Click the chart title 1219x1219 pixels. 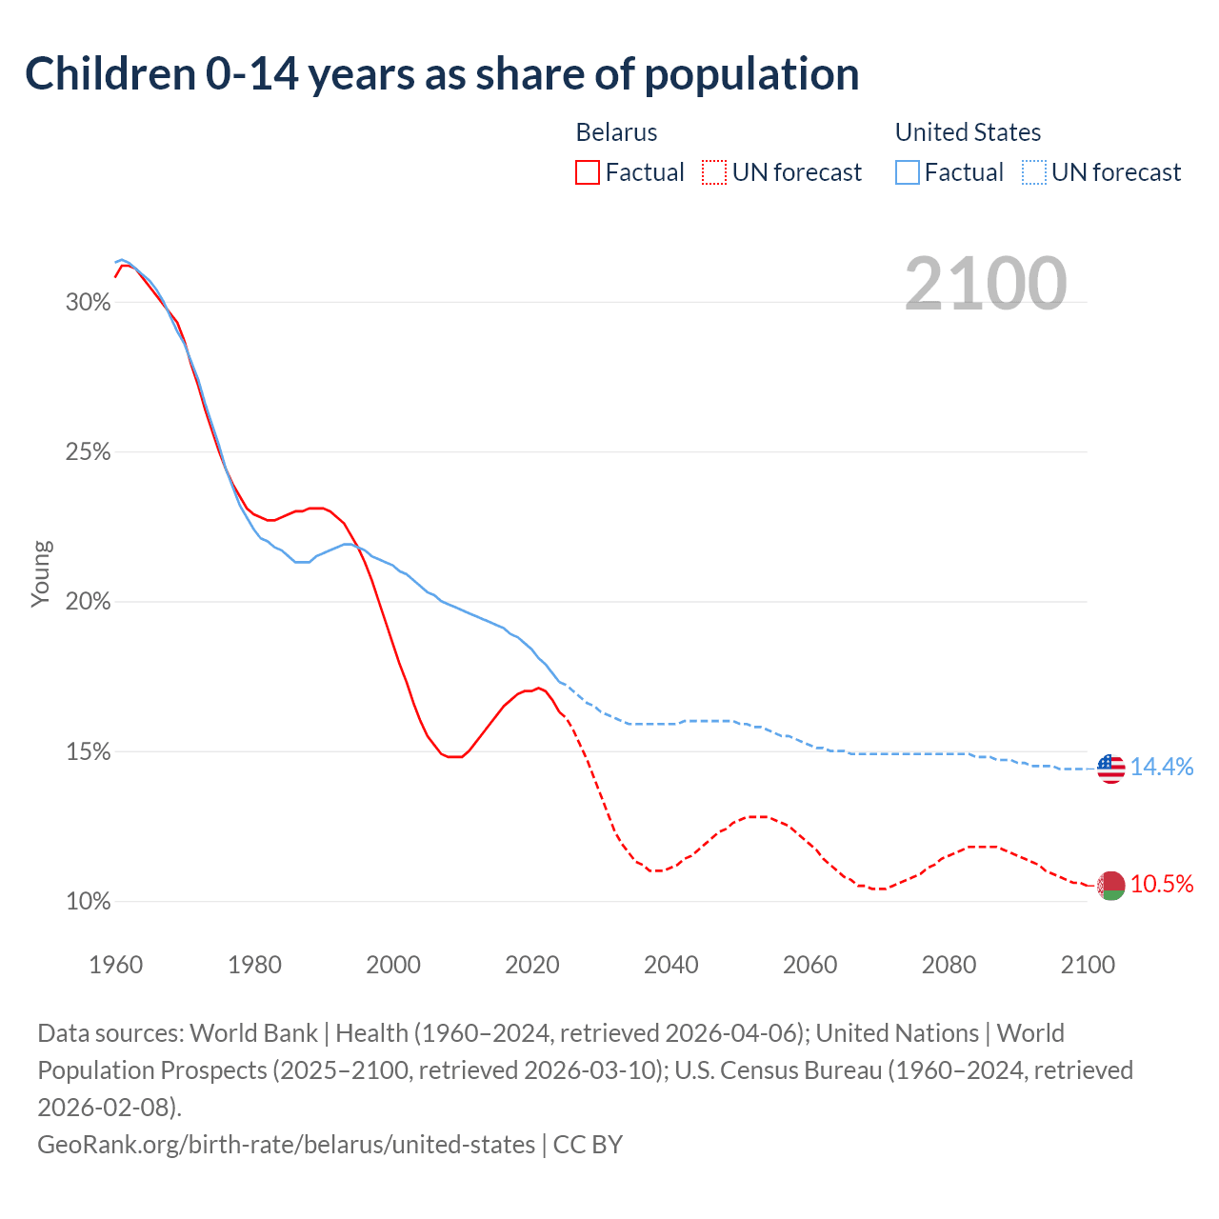(442, 74)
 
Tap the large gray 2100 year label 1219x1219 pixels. (985, 284)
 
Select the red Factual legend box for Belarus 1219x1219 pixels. (588, 172)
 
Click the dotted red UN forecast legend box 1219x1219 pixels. (713, 172)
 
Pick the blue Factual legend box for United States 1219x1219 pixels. (908, 172)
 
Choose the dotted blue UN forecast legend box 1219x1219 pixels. (1033, 172)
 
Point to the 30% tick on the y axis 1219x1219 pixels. (88, 303)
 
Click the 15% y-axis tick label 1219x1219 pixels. (88, 752)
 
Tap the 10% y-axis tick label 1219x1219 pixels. (88, 902)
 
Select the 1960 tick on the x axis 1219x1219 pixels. (116, 965)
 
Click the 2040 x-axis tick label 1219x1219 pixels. (671, 965)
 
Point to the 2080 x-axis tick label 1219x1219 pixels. (949, 965)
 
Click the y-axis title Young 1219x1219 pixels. (41, 573)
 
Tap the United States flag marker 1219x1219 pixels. (1110, 768)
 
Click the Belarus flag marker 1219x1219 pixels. (1110, 886)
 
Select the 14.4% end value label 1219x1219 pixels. (1162, 768)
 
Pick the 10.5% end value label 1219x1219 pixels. (1162, 885)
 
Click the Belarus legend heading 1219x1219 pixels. (616, 132)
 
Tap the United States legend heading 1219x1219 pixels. (968, 132)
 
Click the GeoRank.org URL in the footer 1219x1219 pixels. (286, 1144)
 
